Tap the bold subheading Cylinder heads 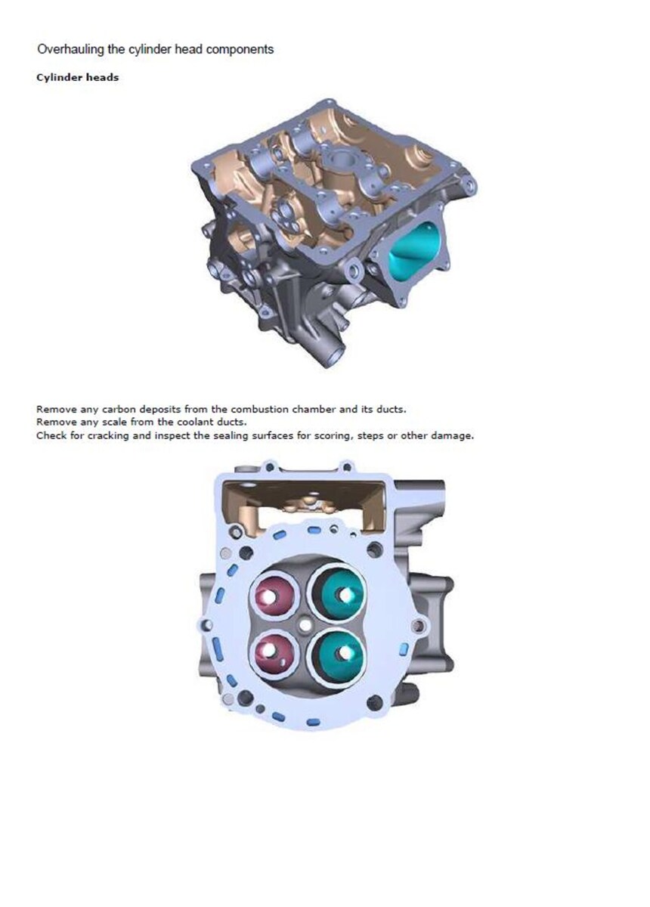[77, 77]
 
